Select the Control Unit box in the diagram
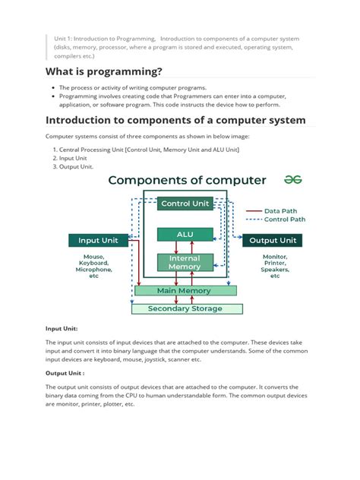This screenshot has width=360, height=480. click(185, 204)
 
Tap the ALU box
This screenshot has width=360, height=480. click(185, 235)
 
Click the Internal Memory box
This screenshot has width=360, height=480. click(185, 262)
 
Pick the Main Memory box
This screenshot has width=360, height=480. click(185, 290)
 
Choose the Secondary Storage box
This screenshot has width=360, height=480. click(186, 308)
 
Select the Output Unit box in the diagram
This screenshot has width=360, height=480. click(274, 240)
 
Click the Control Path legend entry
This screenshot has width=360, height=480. click(285, 219)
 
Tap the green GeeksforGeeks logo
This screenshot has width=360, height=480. click(292, 179)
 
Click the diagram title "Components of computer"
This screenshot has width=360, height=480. click(187, 180)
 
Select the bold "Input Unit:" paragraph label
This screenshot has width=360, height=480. click(62, 328)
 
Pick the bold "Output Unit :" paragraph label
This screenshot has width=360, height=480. click(64, 373)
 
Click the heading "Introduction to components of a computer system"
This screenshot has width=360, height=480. click(175, 120)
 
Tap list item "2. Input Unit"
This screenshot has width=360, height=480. click(73, 158)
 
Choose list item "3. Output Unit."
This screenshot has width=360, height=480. click(75, 167)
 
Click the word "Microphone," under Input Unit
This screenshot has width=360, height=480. click(94, 270)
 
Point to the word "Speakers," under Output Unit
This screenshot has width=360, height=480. click(275, 270)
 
